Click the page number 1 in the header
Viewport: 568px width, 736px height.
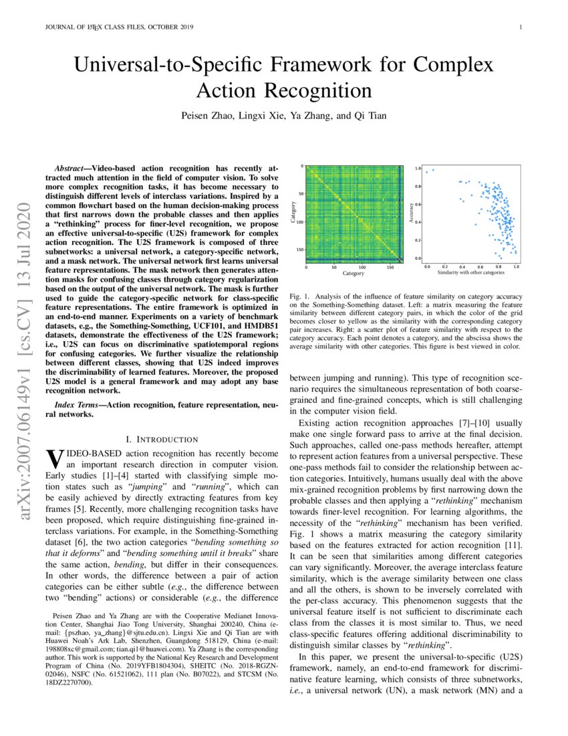(519, 27)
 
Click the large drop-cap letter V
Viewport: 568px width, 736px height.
(53, 460)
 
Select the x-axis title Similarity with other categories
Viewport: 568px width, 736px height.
(470, 273)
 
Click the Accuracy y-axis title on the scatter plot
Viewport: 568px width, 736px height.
(410, 213)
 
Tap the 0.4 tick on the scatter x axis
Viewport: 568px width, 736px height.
(462, 266)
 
